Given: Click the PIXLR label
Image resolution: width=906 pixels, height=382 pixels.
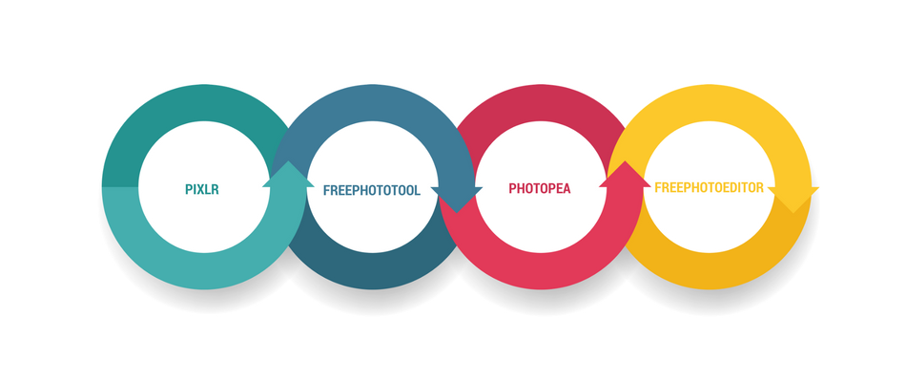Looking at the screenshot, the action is pyautogui.click(x=202, y=189).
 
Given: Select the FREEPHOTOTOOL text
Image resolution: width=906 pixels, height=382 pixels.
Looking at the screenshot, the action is pyautogui.click(x=372, y=190).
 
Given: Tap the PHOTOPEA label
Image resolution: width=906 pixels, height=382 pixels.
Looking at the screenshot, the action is pyautogui.click(x=540, y=189).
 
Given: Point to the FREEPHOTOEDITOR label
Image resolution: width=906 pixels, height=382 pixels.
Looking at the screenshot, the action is pyautogui.click(x=709, y=188).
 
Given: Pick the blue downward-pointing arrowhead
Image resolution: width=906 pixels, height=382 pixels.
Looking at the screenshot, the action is pyautogui.click(x=457, y=200).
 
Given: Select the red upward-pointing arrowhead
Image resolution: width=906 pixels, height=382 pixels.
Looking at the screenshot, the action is pyautogui.click(x=625, y=174).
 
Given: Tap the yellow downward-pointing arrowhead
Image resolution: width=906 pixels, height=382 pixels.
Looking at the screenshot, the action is pyautogui.click(x=793, y=200).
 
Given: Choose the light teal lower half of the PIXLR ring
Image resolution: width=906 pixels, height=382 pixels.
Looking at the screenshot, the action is pyautogui.click(x=204, y=271).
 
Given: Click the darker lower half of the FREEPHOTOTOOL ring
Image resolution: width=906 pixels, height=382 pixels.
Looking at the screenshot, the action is pyautogui.click(x=373, y=271).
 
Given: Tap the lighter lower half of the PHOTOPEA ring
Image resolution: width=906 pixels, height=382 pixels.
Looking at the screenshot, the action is pyautogui.click(x=541, y=271).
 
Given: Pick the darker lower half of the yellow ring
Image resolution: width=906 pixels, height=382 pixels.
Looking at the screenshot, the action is pyautogui.click(x=710, y=271).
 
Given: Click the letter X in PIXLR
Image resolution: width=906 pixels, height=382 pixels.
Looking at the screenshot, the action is pyautogui.click(x=201, y=189).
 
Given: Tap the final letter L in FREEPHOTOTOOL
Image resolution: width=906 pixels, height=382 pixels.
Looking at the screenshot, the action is pyautogui.click(x=417, y=190).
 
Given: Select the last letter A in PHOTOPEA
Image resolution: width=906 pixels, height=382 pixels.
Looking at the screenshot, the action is pyautogui.click(x=566, y=189).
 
